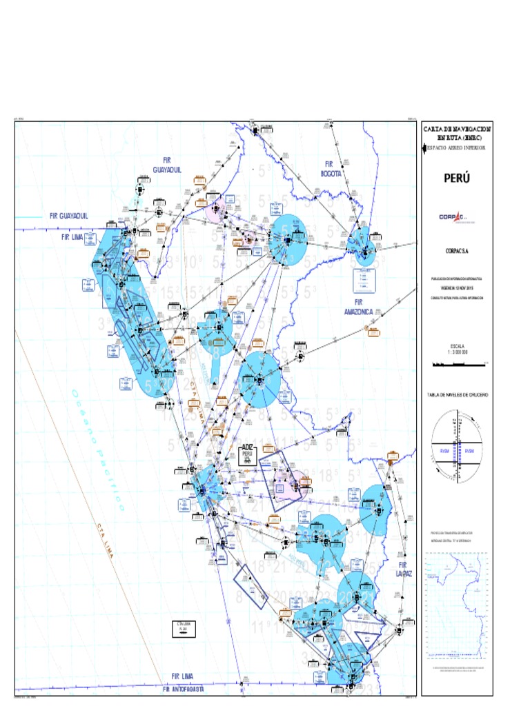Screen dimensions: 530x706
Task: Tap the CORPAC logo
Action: pyautogui.click(x=457, y=217)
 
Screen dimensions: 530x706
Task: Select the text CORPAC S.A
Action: pyautogui.click(x=457, y=252)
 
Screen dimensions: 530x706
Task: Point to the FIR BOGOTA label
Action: pyautogui.click(x=329, y=169)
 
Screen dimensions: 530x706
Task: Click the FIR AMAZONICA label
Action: pyautogui.click(x=358, y=307)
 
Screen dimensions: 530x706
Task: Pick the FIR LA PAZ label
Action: pyautogui.click(x=404, y=569)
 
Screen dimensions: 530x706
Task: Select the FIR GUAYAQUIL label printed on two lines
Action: pyautogui.click(x=167, y=165)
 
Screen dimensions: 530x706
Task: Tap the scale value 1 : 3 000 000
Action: pyautogui.click(x=457, y=352)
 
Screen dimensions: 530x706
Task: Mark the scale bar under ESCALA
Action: pyautogui.click(x=457, y=361)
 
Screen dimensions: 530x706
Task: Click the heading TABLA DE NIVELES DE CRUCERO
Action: pyautogui.click(x=457, y=395)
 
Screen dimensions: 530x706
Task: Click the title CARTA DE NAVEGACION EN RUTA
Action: pyautogui.click(x=457, y=132)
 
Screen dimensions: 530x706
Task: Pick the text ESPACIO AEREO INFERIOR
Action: pyautogui.click(x=457, y=148)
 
